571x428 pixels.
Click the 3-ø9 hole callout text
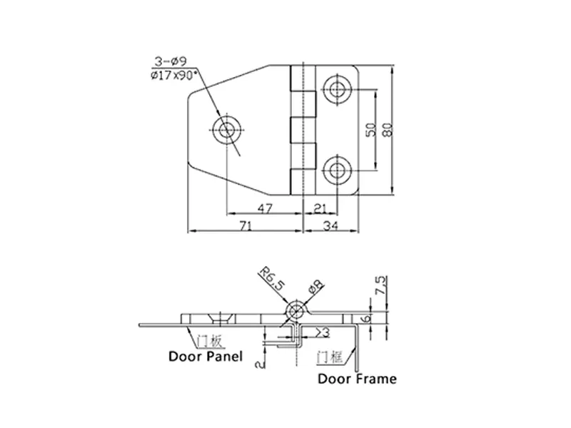pyautogui.click(x=171, y=61)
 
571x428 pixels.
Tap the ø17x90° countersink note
pyautogui.click(x=173, y=76)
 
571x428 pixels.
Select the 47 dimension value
pyautogui.click(x=265, y=208)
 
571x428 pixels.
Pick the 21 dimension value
pyautogui.click(x=320, y=208)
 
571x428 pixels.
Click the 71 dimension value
pyautogui.click(x=246, y=226)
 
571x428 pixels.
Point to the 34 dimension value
pyautogui.click(x=330, y=226)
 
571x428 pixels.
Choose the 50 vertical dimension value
pyautogui.click(x=370, y=130)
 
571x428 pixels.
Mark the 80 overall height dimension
pyautogui.click(x=388, y=130)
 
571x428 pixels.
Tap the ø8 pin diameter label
pyautogui.click(x=315, y=287)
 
